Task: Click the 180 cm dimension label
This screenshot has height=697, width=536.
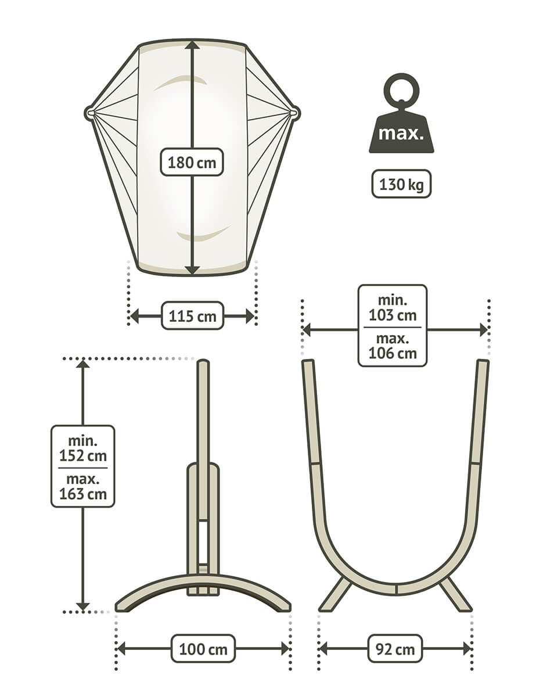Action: [192, 163]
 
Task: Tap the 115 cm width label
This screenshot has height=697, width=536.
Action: [192, 317]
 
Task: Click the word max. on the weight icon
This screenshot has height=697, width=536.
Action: [401, 134]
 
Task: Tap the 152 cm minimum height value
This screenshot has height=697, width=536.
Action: [83, 456]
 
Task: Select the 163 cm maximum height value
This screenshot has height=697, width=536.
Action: [83, 494]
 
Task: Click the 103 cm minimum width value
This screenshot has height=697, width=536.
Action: [393, 315]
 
